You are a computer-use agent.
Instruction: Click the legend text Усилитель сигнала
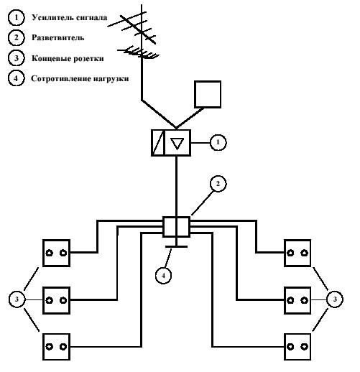coord(70,18)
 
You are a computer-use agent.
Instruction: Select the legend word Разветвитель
coord(58,37)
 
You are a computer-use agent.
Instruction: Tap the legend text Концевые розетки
coord(68,58)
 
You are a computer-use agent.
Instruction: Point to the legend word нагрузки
coord(111,79)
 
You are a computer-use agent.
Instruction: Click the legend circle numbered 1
coord(16,17)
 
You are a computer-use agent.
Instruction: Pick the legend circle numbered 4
coord(16,78)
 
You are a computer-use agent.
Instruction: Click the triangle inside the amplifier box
coord(177,144)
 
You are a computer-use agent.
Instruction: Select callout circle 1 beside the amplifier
coord(218,142)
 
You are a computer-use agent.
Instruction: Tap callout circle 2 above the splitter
coord(218,184)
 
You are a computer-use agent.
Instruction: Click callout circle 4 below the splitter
coord(163,276)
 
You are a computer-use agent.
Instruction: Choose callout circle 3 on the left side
coord(17,299)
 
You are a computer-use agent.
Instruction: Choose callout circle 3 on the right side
coord(335,299)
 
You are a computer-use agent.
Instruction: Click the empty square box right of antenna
coord(208,94)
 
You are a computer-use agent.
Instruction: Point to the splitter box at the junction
coord(177,227)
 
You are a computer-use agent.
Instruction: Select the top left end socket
coord(56,253)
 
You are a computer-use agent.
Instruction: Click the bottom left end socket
coord(56,347)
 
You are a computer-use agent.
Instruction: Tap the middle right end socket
coord(297,300)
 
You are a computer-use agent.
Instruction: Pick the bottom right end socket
coord(297,347)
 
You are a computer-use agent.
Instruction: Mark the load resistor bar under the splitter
coord(177,246)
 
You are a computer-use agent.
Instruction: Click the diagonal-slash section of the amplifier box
coord(158,143)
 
